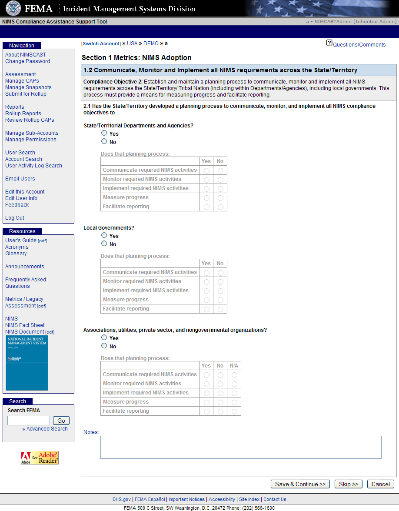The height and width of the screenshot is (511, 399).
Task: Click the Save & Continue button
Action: pos(300,484)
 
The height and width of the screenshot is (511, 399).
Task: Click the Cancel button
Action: pos(380,484)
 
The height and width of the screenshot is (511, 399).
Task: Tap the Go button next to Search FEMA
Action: pos(61,421)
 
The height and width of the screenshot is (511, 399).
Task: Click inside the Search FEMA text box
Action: pos(29,421)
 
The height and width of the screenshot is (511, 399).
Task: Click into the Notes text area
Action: pos(241,447)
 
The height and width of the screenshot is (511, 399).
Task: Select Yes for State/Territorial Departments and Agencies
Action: pos(104,133)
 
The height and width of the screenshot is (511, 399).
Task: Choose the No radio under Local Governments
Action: pos(104,244)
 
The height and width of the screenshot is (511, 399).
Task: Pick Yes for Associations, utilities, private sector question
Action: pos(104,337)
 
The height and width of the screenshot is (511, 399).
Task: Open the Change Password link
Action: pos(27,61)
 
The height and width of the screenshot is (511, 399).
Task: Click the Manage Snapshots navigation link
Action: pos(28,87)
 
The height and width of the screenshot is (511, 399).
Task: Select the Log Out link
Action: pos(15,218)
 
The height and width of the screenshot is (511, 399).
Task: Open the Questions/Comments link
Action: pos(359,45)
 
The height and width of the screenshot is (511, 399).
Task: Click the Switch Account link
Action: pos(101,43)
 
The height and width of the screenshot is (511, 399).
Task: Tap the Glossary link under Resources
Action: pos(16,254)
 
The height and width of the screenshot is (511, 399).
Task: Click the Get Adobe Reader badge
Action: pos(40,458)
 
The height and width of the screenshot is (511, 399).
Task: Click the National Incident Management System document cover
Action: pos(27,363)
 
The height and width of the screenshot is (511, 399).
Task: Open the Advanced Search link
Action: pos(47,429)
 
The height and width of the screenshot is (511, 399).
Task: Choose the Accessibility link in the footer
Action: pos(222,499)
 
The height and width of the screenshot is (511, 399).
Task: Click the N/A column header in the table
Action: pos(234,366)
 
